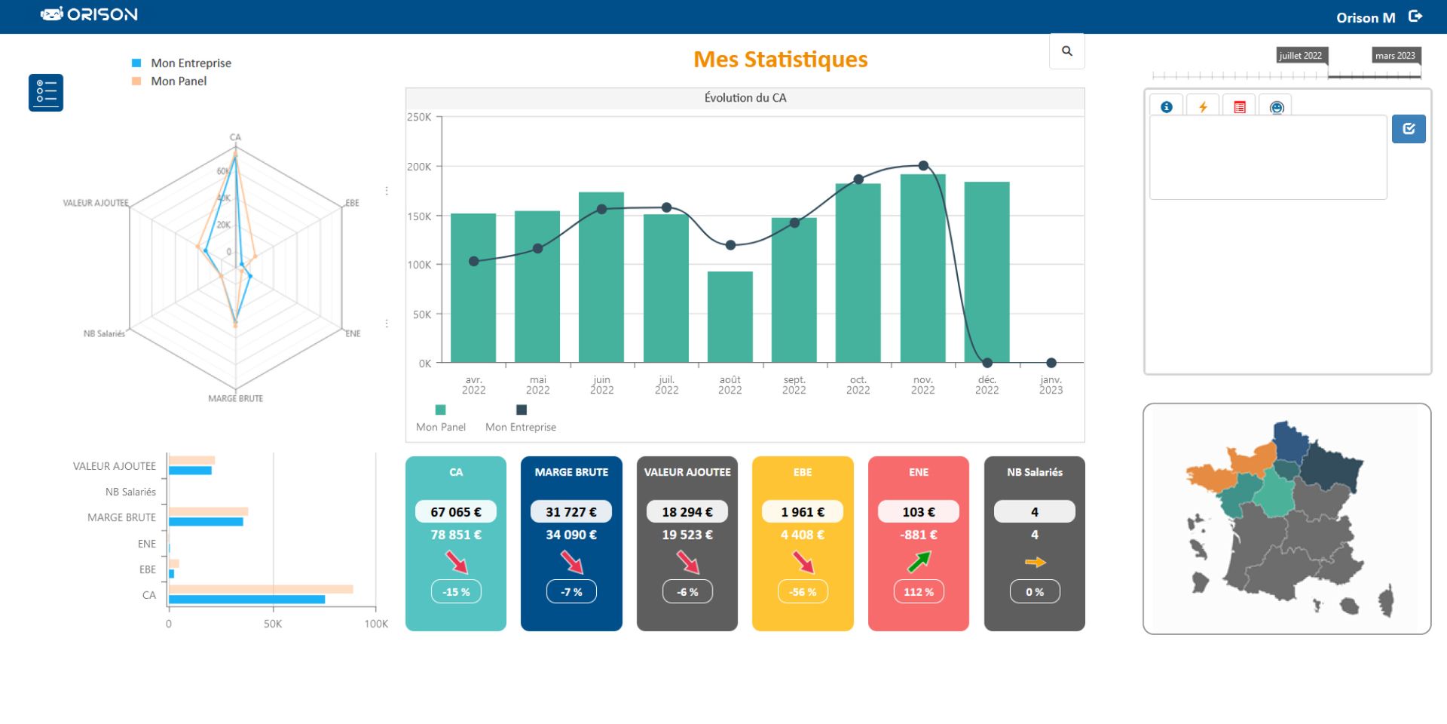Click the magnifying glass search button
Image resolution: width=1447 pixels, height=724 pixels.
click(x=1066, y=51)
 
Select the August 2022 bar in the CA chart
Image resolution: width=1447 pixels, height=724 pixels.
click(x=730, y=317)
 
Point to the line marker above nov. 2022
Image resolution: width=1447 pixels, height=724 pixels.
click(x=923, y=166)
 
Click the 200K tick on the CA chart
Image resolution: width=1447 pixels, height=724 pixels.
click(x=419, y=167)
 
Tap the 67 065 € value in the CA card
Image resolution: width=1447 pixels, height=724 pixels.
click(x=455, y=512)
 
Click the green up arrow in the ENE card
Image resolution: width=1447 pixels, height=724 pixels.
click(x=919, y=562)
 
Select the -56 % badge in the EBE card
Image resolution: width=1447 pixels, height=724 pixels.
click(x=803, y=592)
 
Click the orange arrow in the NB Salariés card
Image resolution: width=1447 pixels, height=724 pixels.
click(x=1035, y=563)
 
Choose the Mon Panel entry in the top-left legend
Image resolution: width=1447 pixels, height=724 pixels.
click(x=179, y=81)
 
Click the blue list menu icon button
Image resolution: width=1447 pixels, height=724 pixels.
click(x=46, y=93)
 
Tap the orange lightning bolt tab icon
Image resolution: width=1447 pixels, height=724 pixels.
click(x=1203, y=107)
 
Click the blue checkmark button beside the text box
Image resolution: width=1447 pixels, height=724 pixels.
click(x=1408, y=129)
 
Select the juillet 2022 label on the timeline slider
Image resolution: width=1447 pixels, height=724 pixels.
click(x=1300, y=56)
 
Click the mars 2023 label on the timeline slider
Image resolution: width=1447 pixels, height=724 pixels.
click(x=1395, y=56)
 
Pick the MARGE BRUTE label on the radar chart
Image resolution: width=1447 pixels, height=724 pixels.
click(x=236, y=398)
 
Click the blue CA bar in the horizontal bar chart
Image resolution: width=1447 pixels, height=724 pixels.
click(x=246, y=600)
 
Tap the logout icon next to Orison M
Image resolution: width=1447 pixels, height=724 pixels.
click(x=1415, y=17)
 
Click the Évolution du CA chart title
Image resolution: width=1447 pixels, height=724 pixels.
click(x=745, y=98)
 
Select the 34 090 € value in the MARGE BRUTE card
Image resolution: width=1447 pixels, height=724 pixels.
click(x=571, y=535)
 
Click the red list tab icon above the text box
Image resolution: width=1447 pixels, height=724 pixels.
click(x=1240, y=107)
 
